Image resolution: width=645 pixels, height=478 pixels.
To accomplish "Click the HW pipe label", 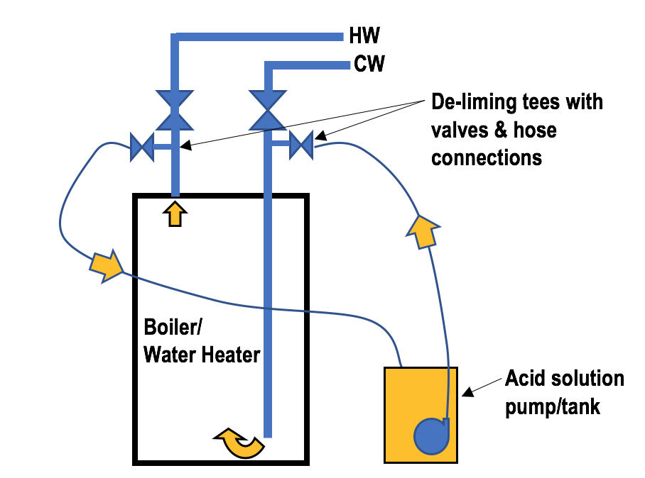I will coord(364,36).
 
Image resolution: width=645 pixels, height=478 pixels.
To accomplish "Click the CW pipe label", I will coord(369,65).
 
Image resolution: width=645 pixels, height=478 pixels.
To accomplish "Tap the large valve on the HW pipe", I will coord(175,110).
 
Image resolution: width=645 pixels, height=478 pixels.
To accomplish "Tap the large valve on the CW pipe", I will coord(269,110).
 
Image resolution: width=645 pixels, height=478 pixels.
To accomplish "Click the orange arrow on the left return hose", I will coord(106,265).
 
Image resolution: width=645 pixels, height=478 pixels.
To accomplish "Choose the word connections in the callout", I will coord(487,157).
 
